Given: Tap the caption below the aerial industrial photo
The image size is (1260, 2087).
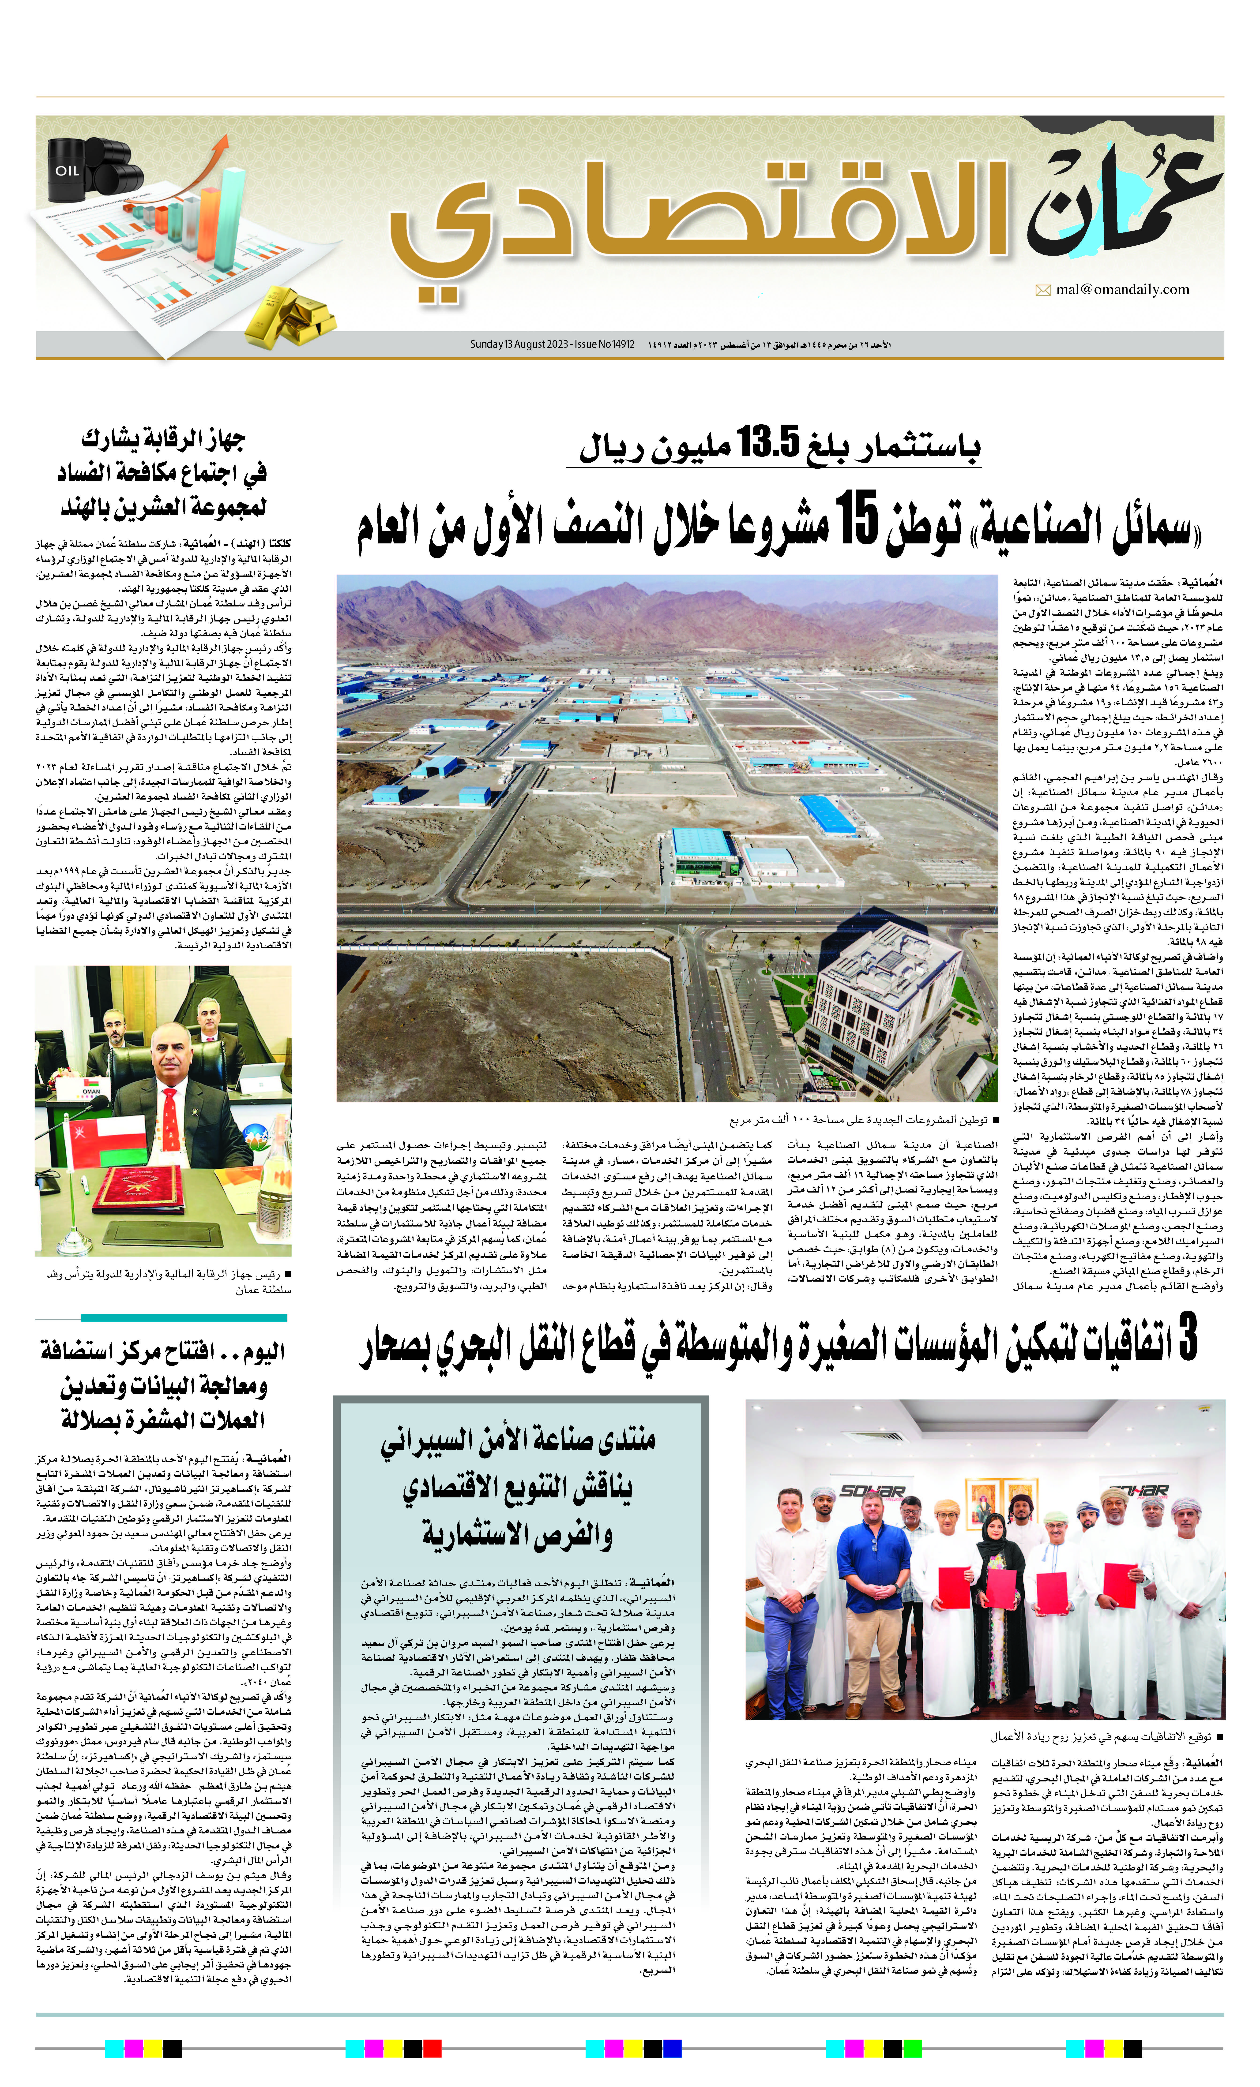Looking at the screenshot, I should pyautogui.click(x=864, y=1120).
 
